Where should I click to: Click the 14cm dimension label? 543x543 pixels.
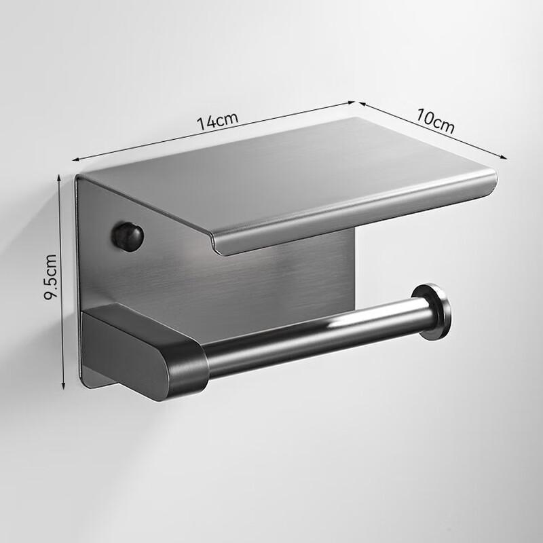click(217, 121)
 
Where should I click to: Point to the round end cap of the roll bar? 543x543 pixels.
click(432, 312)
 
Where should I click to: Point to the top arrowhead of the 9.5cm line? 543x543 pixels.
click(63, 176)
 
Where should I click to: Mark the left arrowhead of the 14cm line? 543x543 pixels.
click(75, 160)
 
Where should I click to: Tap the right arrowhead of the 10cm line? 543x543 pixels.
click(505, 157)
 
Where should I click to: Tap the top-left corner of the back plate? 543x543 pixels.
click(77, 178)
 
